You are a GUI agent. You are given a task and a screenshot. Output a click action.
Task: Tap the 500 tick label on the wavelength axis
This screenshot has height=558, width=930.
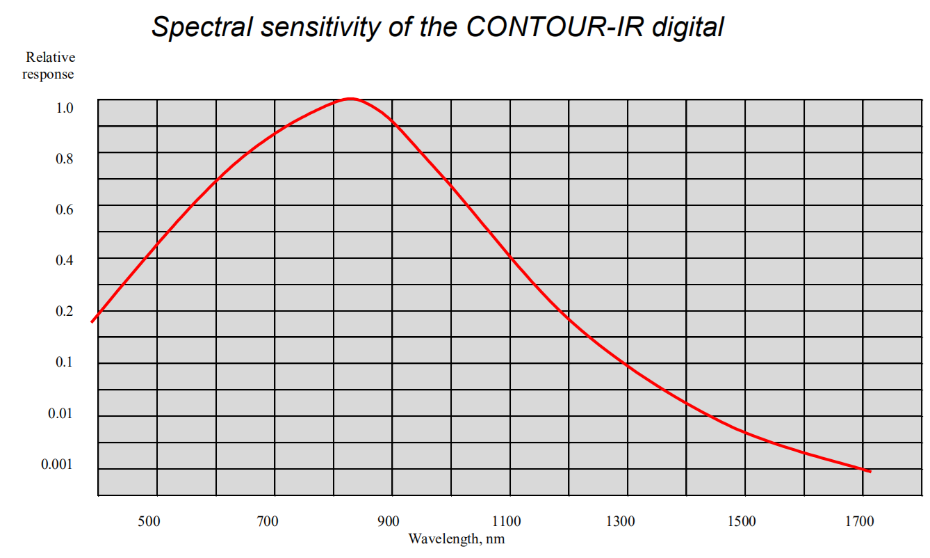click(x=149, y=521)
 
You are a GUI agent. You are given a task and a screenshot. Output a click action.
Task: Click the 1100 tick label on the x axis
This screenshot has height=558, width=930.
click(x=506, y=521)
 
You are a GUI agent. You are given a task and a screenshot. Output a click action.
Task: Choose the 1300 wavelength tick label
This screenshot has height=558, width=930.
click(x=621, y=521)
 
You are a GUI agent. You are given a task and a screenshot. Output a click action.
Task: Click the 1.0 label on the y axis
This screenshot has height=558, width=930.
click(x=65, y=108)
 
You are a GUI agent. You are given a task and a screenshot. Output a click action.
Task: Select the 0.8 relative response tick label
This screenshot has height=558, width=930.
click(x=65, y=159)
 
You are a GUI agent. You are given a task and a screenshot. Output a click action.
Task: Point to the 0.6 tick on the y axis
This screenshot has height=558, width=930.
click(x=65, y=209)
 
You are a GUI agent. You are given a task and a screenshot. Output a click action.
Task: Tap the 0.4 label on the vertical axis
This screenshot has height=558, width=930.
click(x=65, y=260)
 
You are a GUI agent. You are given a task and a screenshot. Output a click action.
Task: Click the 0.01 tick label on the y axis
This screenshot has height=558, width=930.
click(x=61, y=413)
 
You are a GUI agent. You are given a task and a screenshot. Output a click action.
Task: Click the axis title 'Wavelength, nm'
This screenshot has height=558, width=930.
click(x=456, y=539)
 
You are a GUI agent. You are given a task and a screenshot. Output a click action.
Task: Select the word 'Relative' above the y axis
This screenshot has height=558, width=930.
click(x=51, y=58)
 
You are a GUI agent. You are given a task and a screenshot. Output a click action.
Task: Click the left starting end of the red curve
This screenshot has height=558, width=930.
click(x=92, y=321)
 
